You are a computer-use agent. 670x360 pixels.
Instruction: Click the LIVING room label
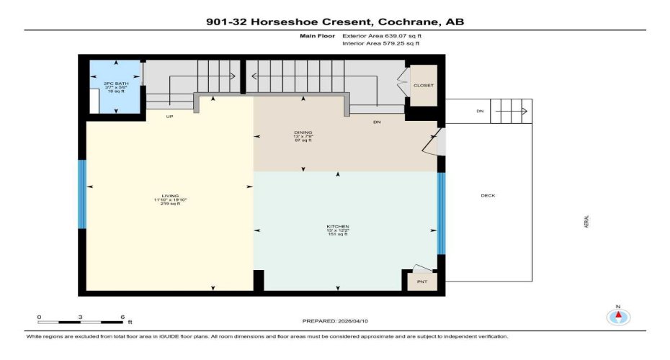[x=170, y=196]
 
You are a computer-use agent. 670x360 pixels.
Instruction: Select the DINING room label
[x=303, y=132]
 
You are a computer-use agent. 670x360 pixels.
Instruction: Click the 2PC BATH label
[x=101, y=84]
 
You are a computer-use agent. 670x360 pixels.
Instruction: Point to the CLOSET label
[x=423, y=85]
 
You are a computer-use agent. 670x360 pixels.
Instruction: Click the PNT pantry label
[x=422, y=282]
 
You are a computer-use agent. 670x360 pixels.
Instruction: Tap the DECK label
[x=488, y=196]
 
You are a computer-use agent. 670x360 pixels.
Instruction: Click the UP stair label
[x=169, y=115]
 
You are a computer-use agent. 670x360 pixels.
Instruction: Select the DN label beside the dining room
[x=376, y=123]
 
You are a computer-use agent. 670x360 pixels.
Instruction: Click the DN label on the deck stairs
[x=480, y=111]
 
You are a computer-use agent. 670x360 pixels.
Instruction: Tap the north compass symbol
[x=618, y=315]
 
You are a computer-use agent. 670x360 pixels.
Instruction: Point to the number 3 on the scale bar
[x=81, y=317]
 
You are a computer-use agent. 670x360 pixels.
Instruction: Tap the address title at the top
[x=335, y=22]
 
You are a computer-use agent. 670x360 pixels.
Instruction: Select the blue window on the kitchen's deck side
[x=441, y=214]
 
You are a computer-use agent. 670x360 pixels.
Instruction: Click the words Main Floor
[x=315, y=35]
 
